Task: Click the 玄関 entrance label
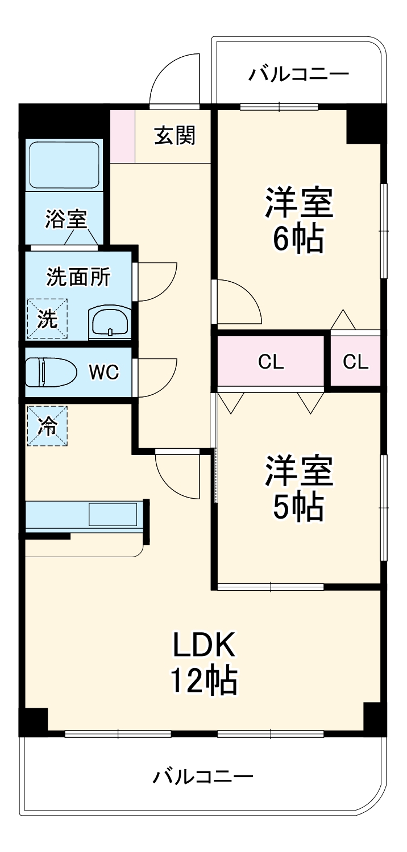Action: click(175, 136)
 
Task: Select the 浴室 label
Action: click(66, 219)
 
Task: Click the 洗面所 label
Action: click(78, 277)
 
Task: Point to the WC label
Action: click(104, 372)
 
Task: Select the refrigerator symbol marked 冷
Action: click(47, 425)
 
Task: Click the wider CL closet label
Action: click(271, 362)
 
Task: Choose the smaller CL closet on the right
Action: click(356, 362)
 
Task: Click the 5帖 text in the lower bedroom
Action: click(298, 507)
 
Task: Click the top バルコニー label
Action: click(298, 74)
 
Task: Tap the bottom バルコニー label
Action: click(202, 776)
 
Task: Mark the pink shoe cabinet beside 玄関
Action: click(122, 136)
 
